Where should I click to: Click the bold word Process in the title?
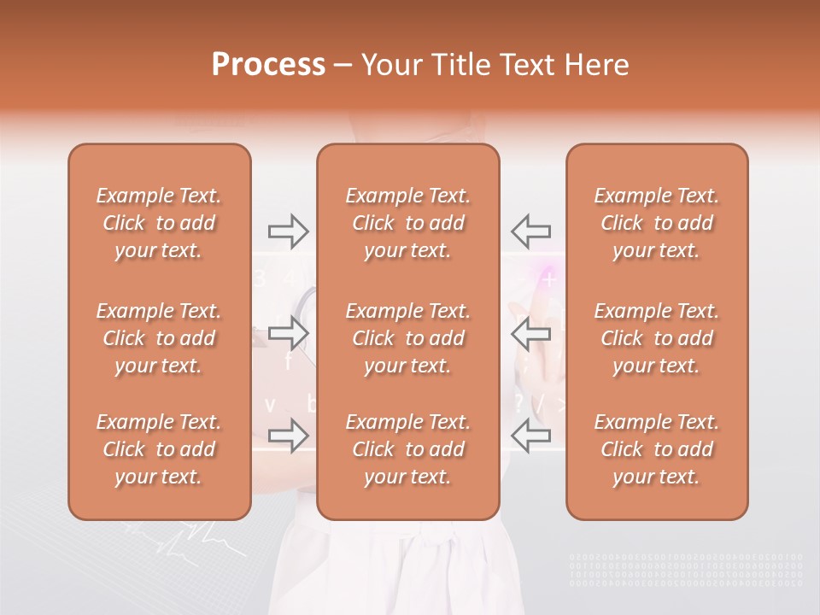click(x=268, y=65)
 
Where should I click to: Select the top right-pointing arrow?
click(x=288, y=231)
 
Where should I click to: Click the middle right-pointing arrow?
click(x=288, y=333)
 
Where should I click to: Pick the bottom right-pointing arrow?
click(x=288, y=436)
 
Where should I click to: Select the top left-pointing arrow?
click(x=530, y=231)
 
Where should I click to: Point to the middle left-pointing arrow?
click(x=530, y=333)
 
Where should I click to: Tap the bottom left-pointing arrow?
click(x=530, y=436)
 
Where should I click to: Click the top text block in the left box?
click(x=159, y=223)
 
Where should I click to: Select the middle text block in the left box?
click(x=159, y=338)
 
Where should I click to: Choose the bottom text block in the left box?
click(x=159, y=449)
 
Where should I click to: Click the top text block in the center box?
click(x=408, y=223)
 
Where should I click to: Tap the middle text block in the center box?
click(x=408, y=338)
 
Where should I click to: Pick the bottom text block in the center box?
click(x=408, y=449)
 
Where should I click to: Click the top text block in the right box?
click(x=657, y=223)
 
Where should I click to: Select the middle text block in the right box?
click(x=657, y=338)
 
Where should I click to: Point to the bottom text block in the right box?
click(x=657, y=449)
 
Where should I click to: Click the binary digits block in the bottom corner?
click(x=686, y=570)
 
